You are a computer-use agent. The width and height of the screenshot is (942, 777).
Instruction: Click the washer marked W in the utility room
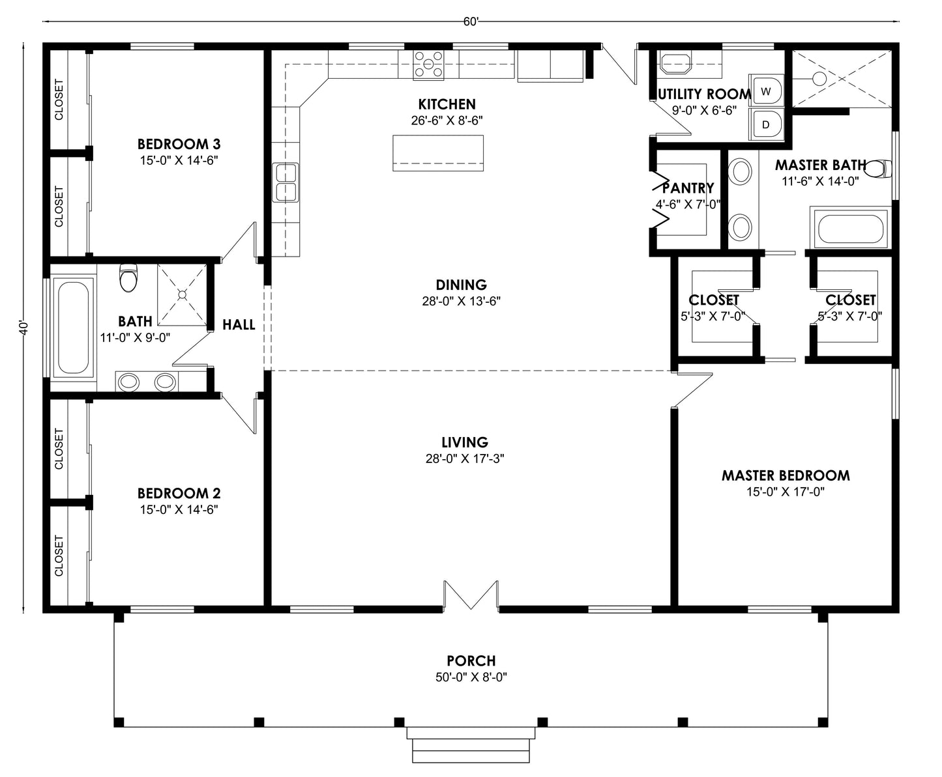click(767, 90)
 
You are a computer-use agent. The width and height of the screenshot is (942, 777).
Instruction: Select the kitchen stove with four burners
click(428, 65)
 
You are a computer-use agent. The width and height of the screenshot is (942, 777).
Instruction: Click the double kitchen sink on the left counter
click(285, 183)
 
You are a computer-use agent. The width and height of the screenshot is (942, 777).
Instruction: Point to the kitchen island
click(437, 153)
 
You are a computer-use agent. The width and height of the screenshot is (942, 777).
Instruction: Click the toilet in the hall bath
click(128, 278)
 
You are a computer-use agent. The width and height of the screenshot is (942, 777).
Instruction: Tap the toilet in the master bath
click(879, 169)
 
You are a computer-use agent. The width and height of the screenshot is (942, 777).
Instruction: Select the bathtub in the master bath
click(849, 229)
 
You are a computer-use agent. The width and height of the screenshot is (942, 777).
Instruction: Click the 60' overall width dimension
click(471, 21)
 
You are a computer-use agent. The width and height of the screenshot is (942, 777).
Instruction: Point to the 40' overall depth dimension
click(24, 327)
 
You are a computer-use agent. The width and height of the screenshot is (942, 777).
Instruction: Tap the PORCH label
click(471, 661)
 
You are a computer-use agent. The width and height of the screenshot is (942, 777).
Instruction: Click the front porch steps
click(471, 745)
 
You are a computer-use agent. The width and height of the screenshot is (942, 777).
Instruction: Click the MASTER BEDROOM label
click(785, 475)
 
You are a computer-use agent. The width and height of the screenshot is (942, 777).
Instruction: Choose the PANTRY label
click(688, 188)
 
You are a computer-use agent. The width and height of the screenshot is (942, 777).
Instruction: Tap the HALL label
click(239, 324)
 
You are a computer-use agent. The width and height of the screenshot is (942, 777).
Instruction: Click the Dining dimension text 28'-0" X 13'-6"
click(461, 302)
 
